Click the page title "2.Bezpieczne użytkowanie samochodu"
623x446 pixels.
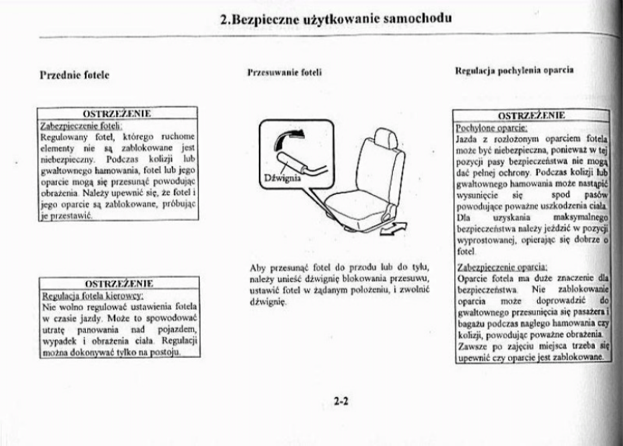336,19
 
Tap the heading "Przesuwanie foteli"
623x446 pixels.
284,73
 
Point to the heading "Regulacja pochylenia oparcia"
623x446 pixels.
514,71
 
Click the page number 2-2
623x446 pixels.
342,401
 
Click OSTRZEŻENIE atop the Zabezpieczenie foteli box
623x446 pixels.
118,114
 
